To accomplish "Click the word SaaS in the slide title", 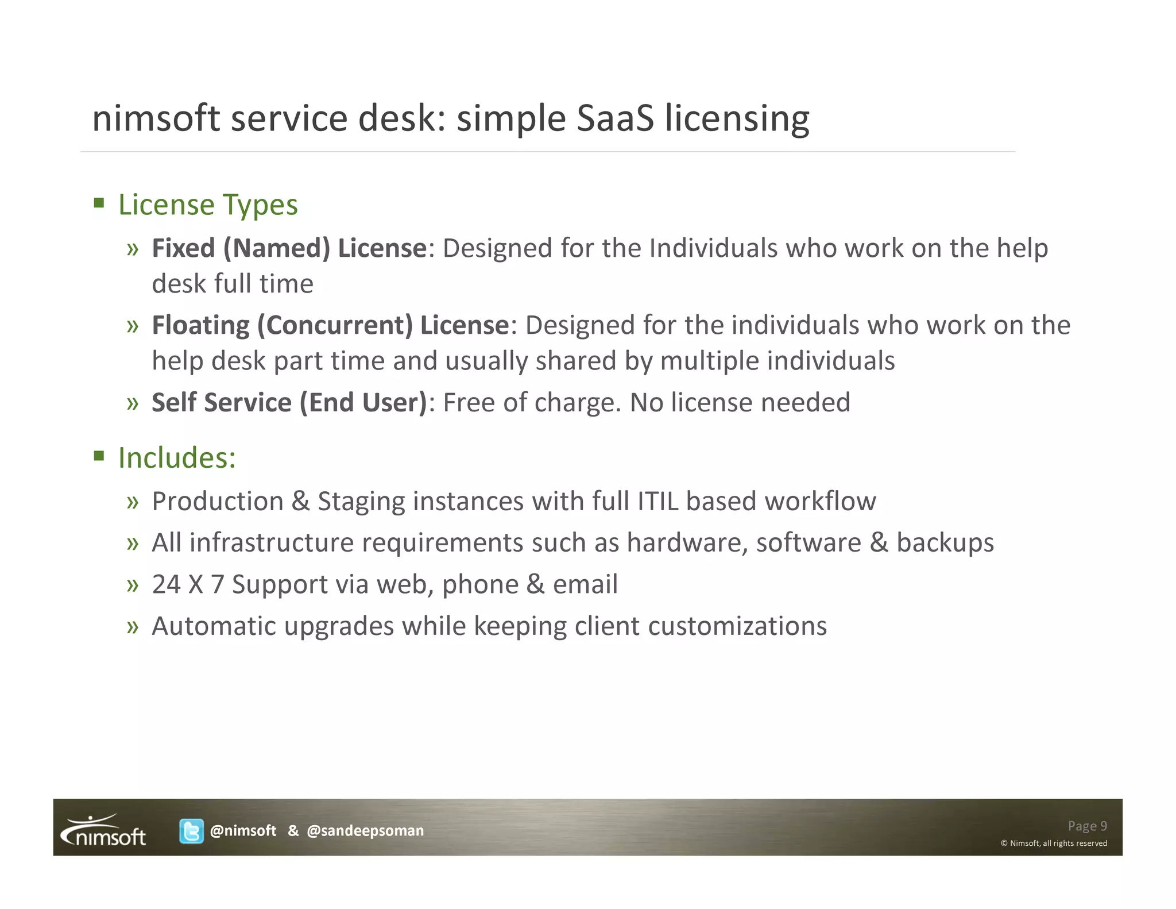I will (x=615, y=118).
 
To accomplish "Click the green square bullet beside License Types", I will (x=99, y=203).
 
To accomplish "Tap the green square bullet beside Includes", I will (x=99, y=456).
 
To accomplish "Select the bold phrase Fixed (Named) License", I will (x=289, y=248).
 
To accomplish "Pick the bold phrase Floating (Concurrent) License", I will (x=330, y=325).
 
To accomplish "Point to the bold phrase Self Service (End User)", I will (x=289, y=402).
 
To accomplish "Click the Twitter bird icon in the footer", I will (x=191, y=831).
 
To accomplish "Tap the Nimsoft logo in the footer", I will (x=104, y=830).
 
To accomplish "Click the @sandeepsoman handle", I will (x=365, y=831).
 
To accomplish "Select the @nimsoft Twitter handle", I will (x=243, y=831).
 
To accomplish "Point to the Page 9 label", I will (x=1087, y=826).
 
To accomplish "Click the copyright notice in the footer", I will (x=1054, y=843).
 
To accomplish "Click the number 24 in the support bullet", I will (x=167, y=584).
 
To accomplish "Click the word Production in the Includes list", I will (x=218, y=501).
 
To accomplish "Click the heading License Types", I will (x=208, y=205).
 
